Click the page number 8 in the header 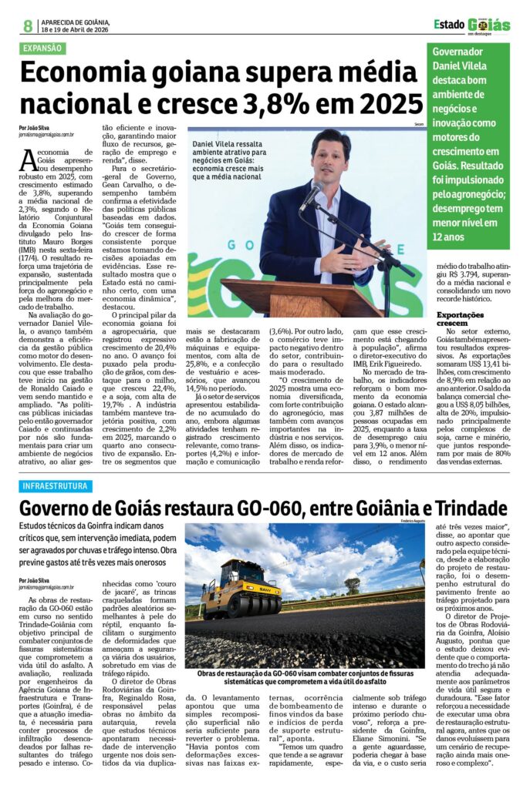tap(28, 25)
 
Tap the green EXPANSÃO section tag tap(43, 48)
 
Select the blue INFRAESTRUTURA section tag tap(56, 486)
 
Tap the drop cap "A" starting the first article tap(28, 159)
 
